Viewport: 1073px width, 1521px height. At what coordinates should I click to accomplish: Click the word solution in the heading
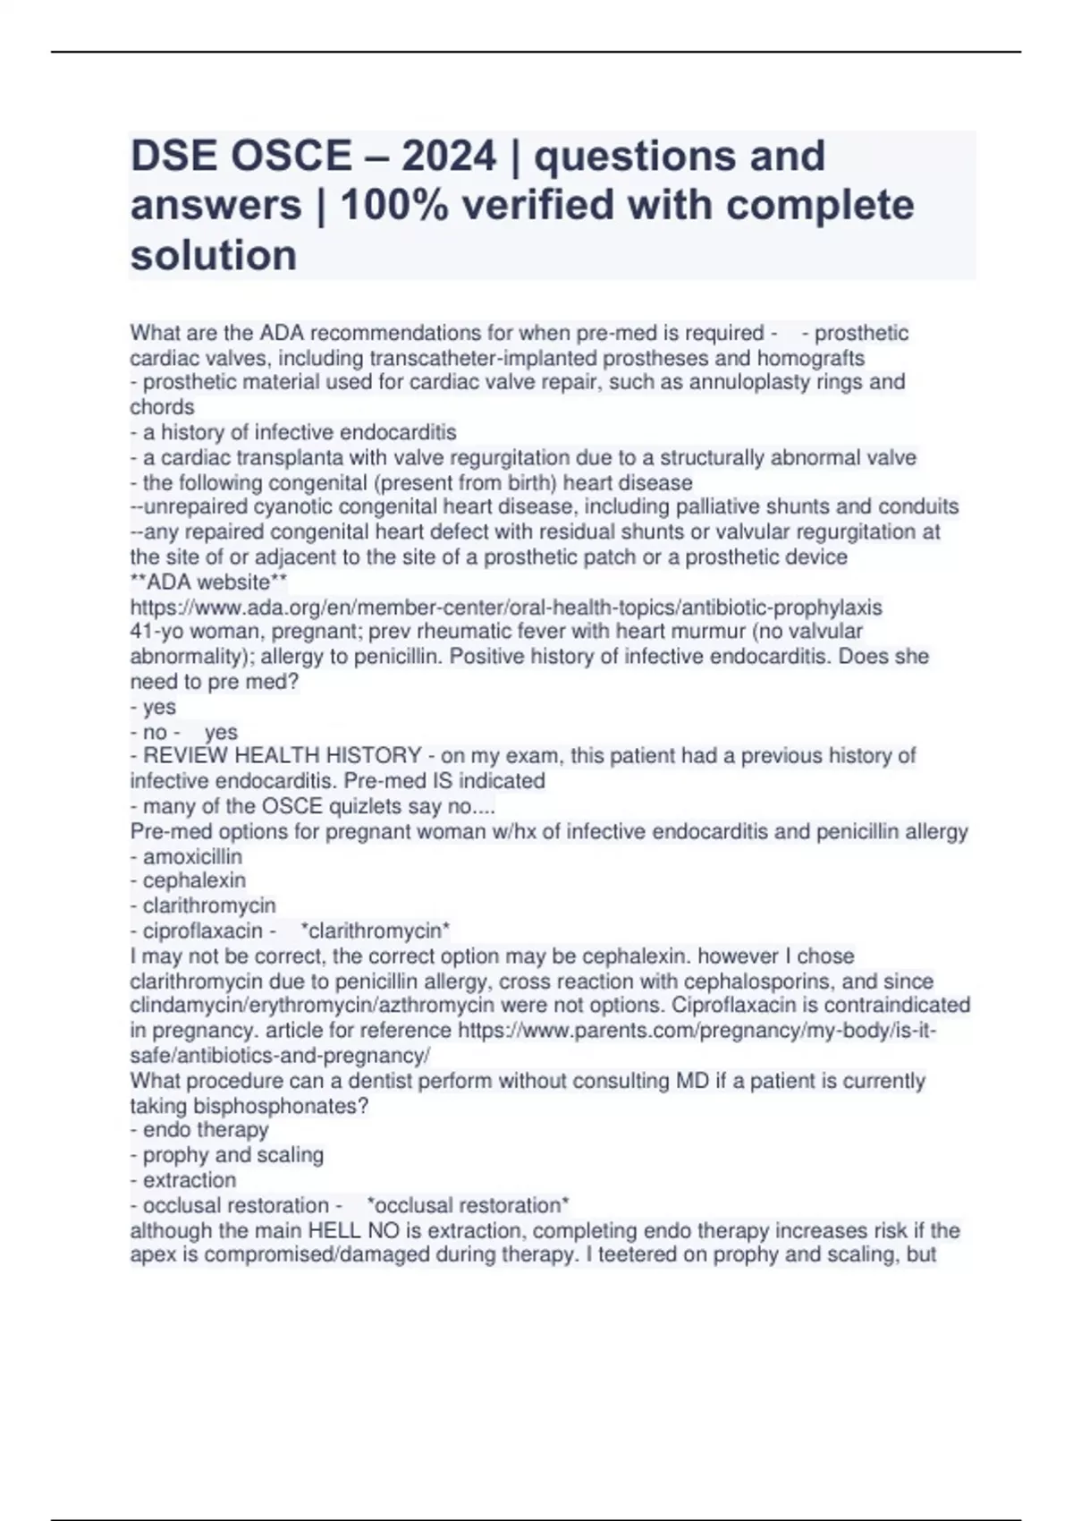click(x=214, y=255)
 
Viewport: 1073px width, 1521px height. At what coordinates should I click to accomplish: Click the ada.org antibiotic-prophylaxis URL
click(x=506, y=608)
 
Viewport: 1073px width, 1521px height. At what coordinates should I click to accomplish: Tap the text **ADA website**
click(x=208, y=582)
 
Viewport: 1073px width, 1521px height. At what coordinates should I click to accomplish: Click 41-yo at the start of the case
click(x=157, y=632)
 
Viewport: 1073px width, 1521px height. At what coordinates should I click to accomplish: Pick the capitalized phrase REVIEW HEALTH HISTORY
click(x=283, y=756)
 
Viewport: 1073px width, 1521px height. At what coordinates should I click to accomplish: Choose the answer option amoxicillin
click(x=192, y=856)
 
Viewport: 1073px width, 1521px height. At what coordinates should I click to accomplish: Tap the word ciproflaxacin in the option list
click(x=203, y=931)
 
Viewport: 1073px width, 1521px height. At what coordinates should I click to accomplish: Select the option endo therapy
click(x=206, y=1130)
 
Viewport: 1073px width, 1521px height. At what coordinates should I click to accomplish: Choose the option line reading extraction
click(x=190, y=1180)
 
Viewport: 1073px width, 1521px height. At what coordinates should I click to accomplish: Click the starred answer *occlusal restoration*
click(x=469, y=1205)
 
